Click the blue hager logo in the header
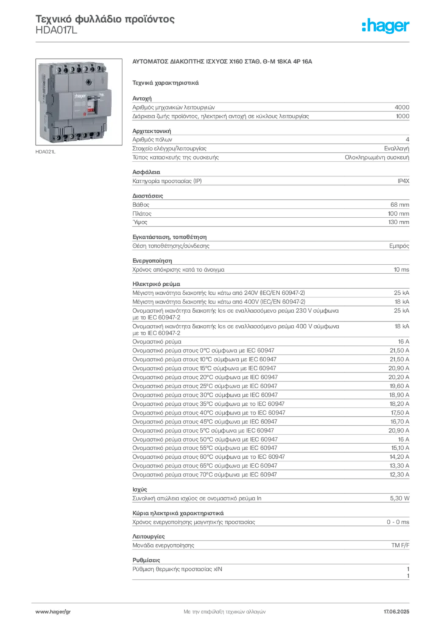point(386,27)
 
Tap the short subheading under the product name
point(165,82)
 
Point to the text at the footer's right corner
point(399,609)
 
